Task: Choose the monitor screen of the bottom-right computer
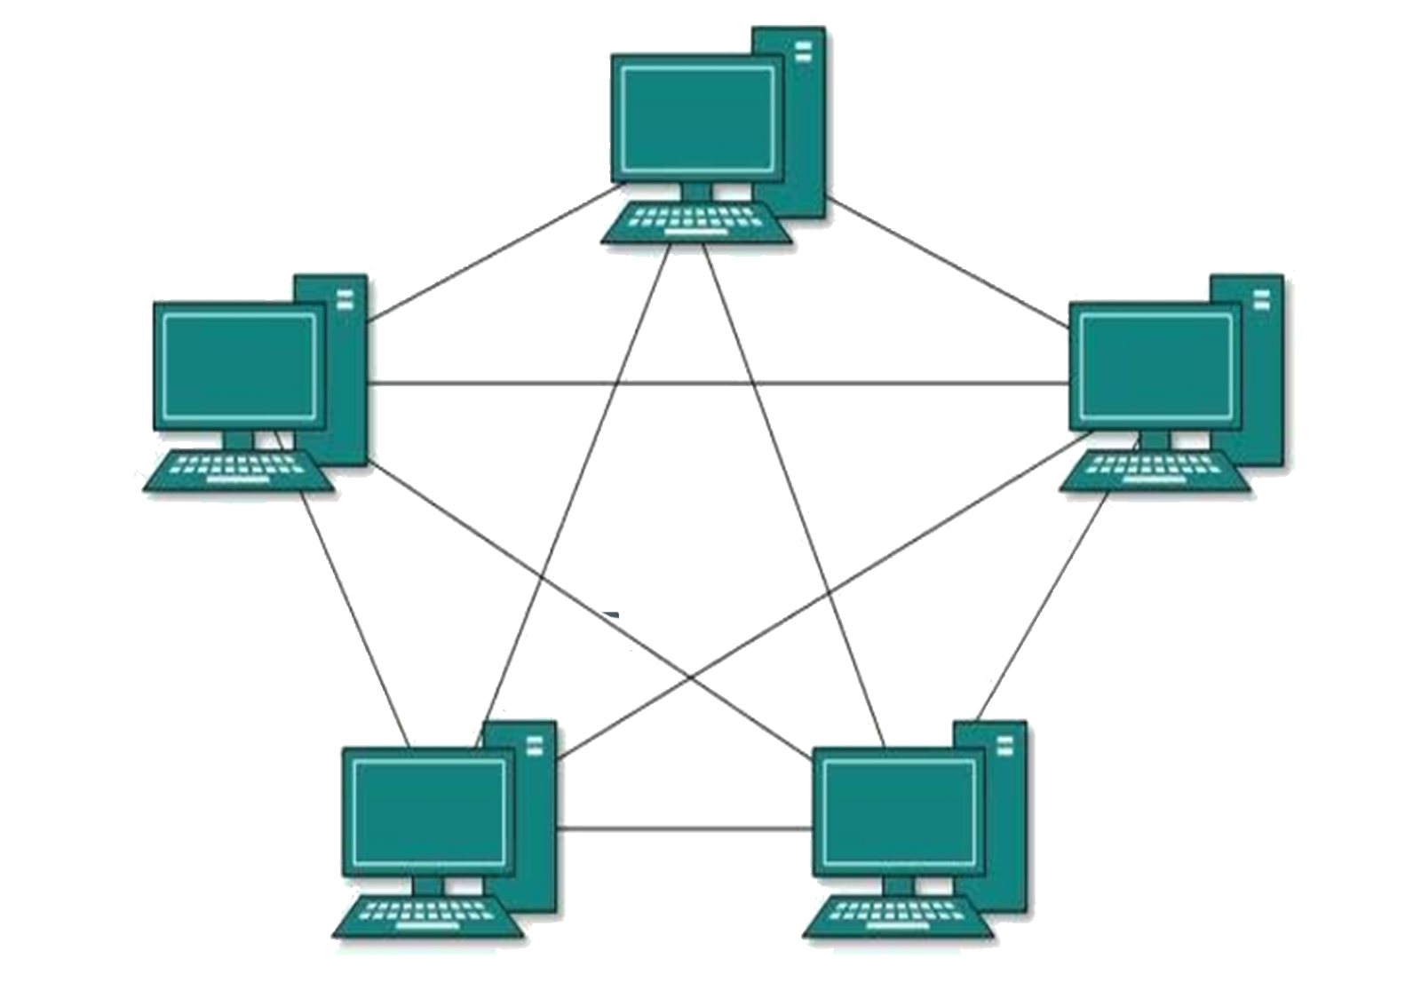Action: coord(899,812)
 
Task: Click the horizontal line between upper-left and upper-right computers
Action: coord(719,384)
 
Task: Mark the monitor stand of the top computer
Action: coord(697,192)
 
